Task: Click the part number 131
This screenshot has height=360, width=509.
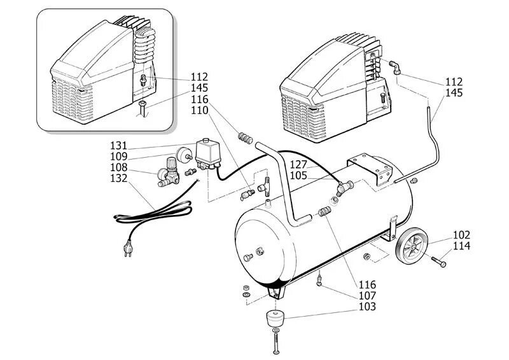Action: pos(118,146)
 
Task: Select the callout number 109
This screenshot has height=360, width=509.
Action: pos(118,156)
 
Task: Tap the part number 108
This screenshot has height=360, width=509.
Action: pos(118,167)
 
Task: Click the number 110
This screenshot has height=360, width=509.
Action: pos(200,111)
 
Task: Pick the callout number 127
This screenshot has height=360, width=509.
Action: pos(299,165)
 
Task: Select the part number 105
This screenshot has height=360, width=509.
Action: pos(299,176)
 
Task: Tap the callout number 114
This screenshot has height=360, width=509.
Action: pos(462,246)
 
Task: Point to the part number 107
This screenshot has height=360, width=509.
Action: pos(368,296)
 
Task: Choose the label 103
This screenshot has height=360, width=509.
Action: pos(368,307)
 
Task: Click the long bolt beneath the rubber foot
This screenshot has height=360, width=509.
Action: pos(275,343)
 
